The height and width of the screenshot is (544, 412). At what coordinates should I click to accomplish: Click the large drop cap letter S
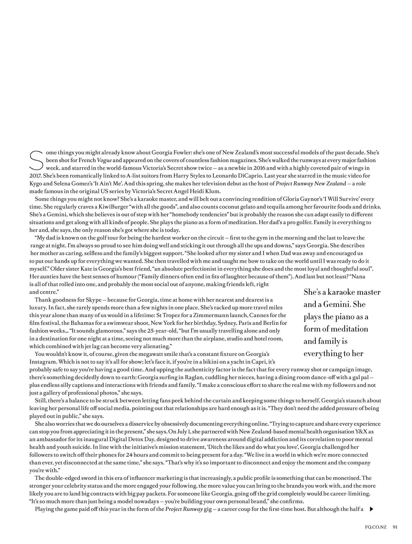click(x=36, y=160)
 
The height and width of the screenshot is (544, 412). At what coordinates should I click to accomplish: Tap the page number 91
click(x=395, y=527)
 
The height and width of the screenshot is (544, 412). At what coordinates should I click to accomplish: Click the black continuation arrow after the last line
click(x=371, y=509)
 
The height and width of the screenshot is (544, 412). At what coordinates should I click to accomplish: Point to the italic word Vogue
click(x=104, y=160)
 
